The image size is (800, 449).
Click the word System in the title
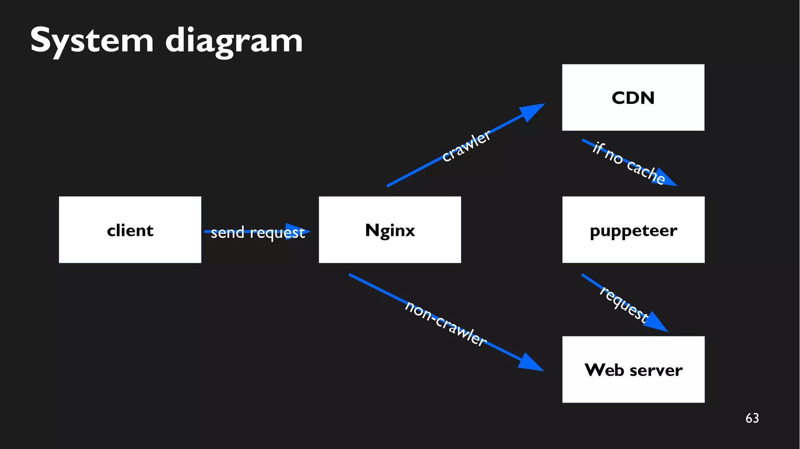coord(92,40)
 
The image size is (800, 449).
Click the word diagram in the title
coord(234,41)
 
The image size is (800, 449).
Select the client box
coord(130,230)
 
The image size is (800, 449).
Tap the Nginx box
coord(390,230)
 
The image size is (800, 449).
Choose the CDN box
coord(633,98)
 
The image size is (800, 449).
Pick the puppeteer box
coord(633,230)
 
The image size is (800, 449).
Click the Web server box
coord(633,369)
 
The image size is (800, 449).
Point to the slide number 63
coord(752,418)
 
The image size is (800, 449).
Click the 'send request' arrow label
coord(257,233)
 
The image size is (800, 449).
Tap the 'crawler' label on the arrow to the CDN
coord(466,146)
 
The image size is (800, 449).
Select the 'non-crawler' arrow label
coord(445,323)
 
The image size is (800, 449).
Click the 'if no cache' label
coord(628,163)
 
